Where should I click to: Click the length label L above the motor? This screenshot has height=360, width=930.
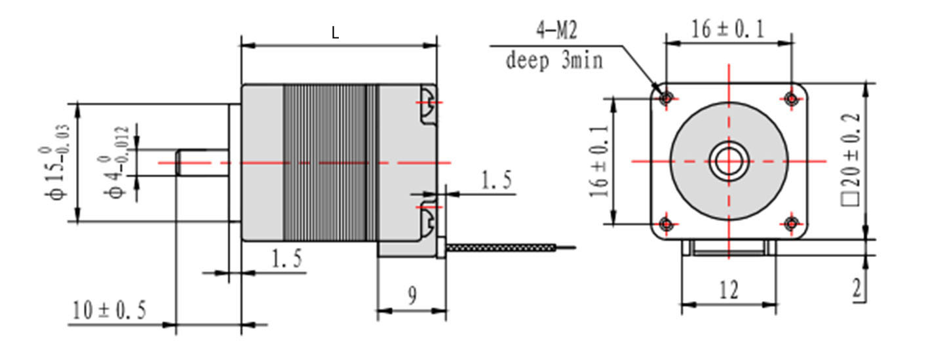pyautogui.click(x=335, y=33)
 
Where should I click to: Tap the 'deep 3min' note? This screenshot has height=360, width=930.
pyautogui.click(x=554, y=60)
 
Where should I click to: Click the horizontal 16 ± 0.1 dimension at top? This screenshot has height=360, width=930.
pyautogui.click(x=727, y=30)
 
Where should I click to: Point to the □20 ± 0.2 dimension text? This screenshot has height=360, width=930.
pyautogui.click(x=850, y=161)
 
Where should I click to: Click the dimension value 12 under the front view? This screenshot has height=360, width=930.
pyautogui.click(x=728, y=289)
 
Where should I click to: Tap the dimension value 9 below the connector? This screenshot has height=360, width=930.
pyautogui.click(x=412, y=296)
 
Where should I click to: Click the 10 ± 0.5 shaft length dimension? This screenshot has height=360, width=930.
pyautogui.click(x=109, y=310)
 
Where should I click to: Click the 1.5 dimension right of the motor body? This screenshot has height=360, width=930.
pyautogui.click(x=495, y=180)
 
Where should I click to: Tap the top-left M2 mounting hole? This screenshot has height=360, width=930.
pyautogui.click(x=667, y=98)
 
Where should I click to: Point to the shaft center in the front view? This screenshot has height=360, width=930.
pyautogui.click(x=728, y=161)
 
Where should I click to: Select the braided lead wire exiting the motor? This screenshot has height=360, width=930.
pyautogui.click(x=505, y=248)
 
